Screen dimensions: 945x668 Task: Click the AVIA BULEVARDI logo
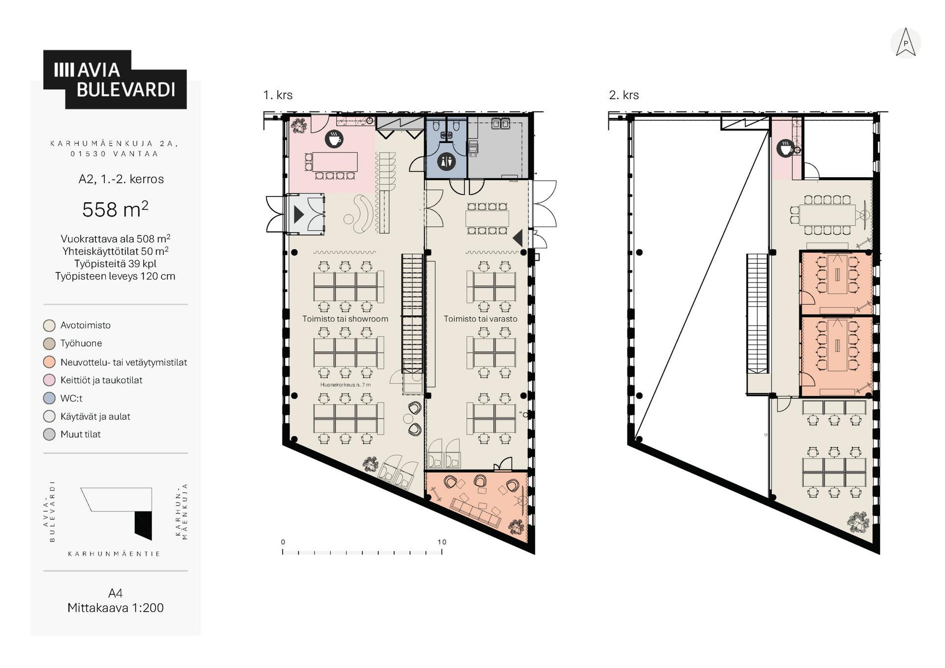tap(115, 79)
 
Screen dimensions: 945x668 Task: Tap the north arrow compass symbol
tap(905, 43)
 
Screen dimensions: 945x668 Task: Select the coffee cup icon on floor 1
tap(334, 139)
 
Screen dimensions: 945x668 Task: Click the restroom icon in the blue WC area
tap(446, 161)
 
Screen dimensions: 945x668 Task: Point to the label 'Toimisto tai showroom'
tap(345, 319)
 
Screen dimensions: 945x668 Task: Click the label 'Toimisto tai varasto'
tap(480, 319)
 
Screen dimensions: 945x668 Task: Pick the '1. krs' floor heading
tap(278, 95)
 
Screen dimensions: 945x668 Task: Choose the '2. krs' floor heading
tap(624, 95)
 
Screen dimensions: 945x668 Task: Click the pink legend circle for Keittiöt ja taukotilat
tap(49, 380)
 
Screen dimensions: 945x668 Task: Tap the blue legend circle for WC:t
tap(49, 398)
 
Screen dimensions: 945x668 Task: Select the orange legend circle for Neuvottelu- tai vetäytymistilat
tap(49, 362)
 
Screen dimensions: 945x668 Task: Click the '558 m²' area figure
tap(115, 209)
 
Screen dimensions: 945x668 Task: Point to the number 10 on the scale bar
tap(442, 542)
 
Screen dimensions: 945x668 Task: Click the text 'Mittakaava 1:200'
tap(115, 608)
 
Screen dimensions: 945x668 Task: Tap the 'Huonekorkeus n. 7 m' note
tap(345, 385)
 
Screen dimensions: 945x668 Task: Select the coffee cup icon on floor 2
tap(785, 148)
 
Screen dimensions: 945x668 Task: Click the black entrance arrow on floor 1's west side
tap(299, 215)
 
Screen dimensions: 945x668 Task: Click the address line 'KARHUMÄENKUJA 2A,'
tap(114, 144)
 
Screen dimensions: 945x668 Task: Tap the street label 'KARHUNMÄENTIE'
tap(114, 554)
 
